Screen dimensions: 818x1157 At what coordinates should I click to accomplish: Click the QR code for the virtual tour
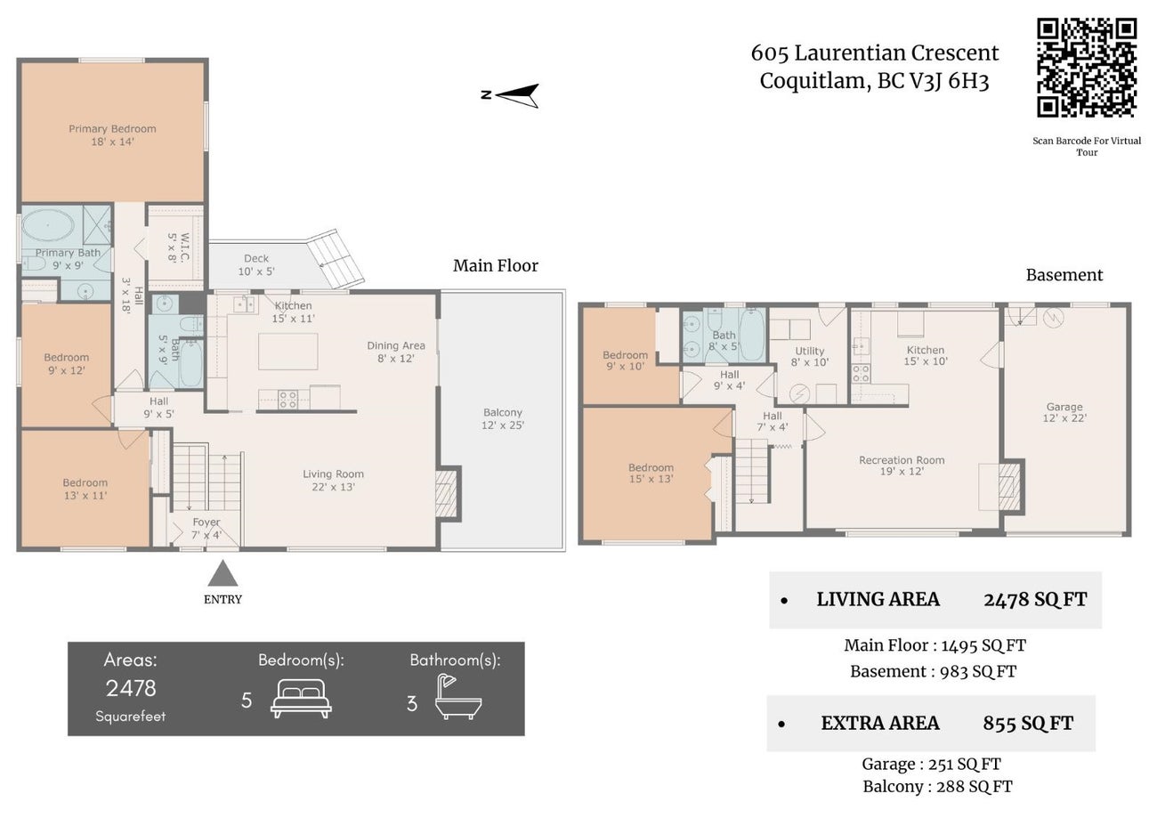1087,68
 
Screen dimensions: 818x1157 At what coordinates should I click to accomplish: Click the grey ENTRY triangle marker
222,572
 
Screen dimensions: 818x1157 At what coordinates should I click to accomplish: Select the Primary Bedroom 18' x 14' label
112,135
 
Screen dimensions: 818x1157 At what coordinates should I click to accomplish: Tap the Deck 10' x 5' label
256,265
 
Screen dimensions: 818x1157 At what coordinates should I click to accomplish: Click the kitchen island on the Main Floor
287,351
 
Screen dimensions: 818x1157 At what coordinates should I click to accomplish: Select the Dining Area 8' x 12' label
396,352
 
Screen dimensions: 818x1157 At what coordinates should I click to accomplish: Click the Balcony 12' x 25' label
503,418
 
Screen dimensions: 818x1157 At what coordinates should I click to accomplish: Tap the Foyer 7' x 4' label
206,529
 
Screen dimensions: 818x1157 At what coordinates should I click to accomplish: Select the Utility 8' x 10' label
809,357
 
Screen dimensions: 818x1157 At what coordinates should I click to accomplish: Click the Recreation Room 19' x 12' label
902,466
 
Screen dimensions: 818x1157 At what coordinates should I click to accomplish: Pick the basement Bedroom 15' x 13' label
651,473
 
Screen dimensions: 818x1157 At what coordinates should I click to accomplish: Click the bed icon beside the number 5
301,699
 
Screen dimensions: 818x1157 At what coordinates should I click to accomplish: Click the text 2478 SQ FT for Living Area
1035,599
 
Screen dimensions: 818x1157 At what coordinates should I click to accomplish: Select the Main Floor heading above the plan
496,265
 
